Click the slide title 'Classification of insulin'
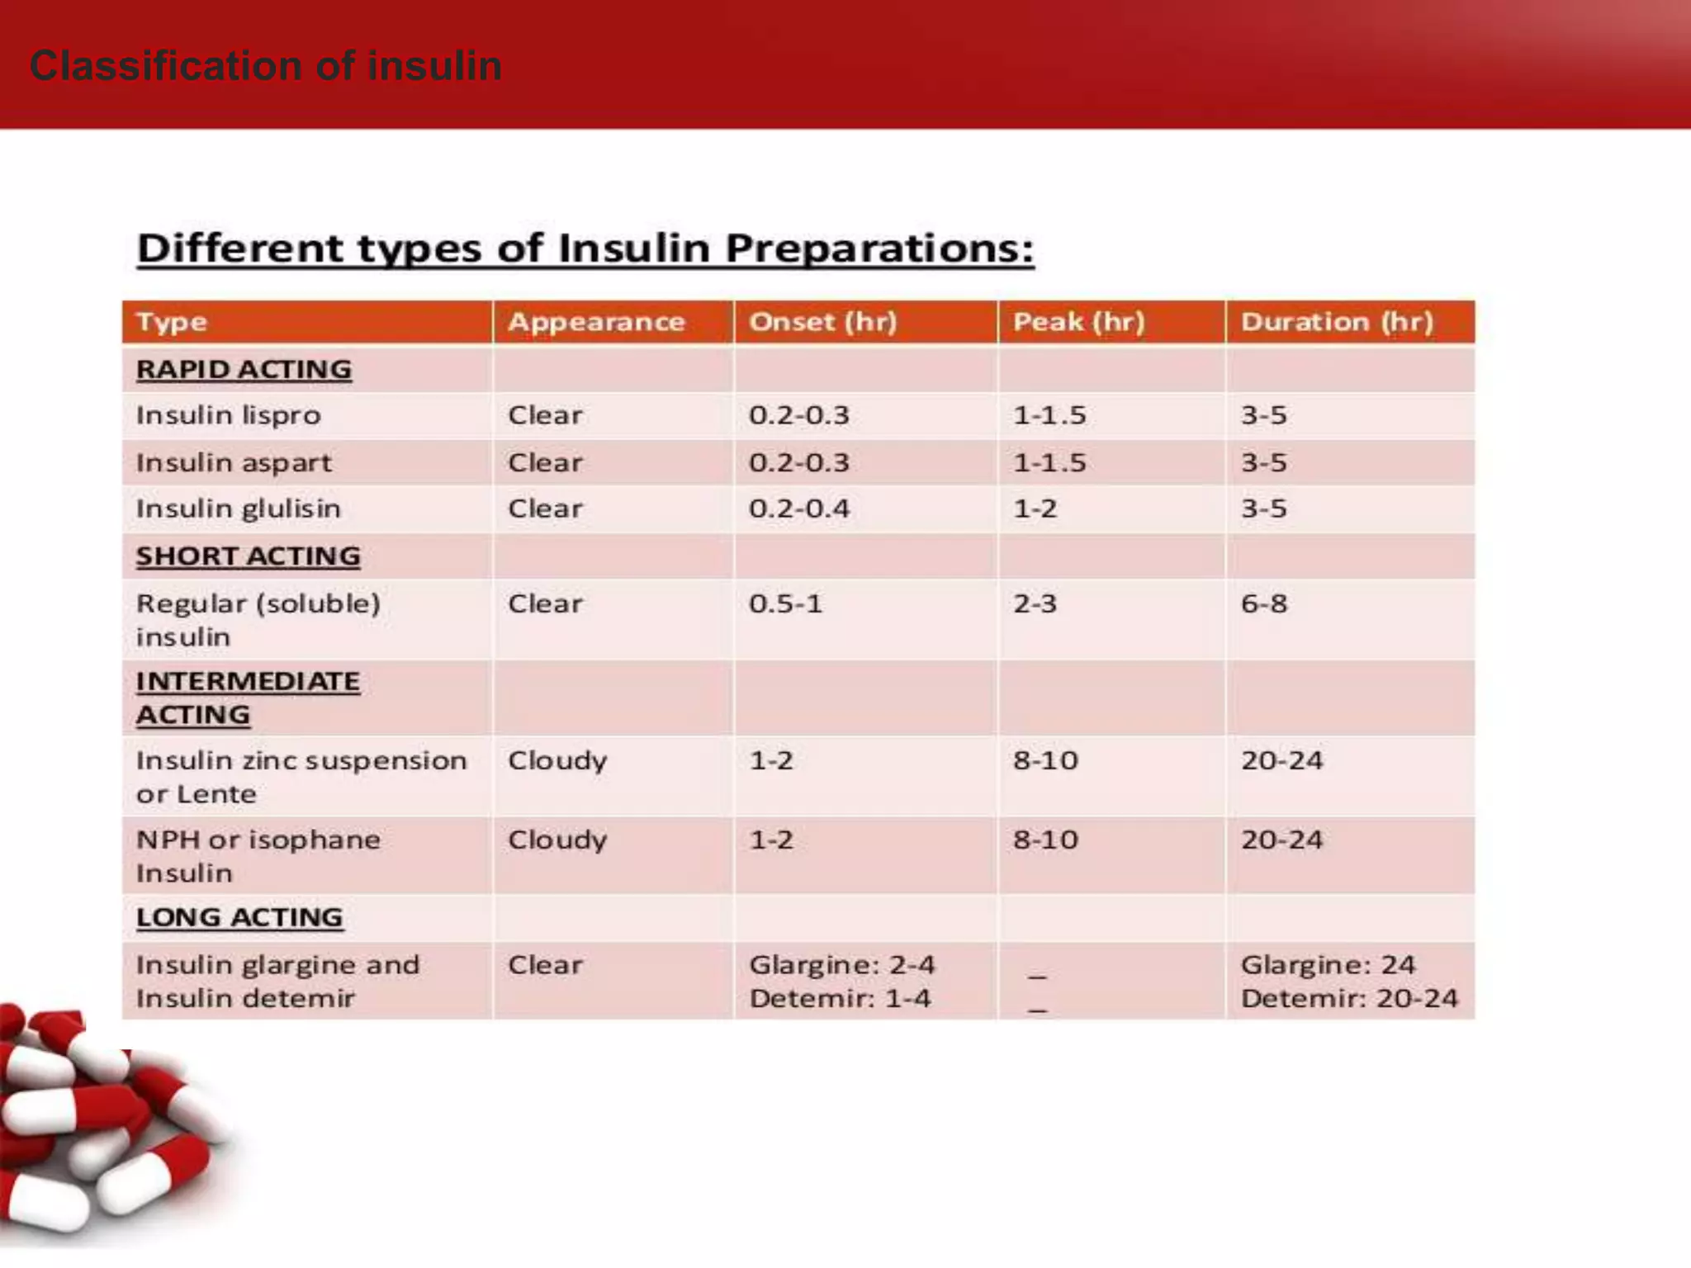(x=265, y=66)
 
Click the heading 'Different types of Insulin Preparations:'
(x=585, y=248)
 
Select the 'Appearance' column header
(x=596, y=322)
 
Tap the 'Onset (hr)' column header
(x=822, y=322)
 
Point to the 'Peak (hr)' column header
(x=1078, y=322)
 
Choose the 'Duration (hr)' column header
(x=1337, y=322)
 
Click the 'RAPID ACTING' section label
(x=244, y=370)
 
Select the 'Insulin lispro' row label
(x=228, y=415)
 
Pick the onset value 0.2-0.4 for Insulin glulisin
(x=798, y=509)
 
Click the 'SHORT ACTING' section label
(x=248, y=556)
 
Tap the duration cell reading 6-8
(x=1263, y=603)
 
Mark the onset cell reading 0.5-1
(x=785, y=603)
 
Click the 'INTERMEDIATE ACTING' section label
(x=247, y=698)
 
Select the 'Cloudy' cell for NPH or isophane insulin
(x=557, y=840)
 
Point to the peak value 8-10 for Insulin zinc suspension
(x=1045, y=760)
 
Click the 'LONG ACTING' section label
(x=239, y=917)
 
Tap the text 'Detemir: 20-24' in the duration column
(x=1349, y=999)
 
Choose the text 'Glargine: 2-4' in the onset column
(x=841, y=965)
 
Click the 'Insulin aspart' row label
(x=234, y=463)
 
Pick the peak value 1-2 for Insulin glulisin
(x=1035, y=509)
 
